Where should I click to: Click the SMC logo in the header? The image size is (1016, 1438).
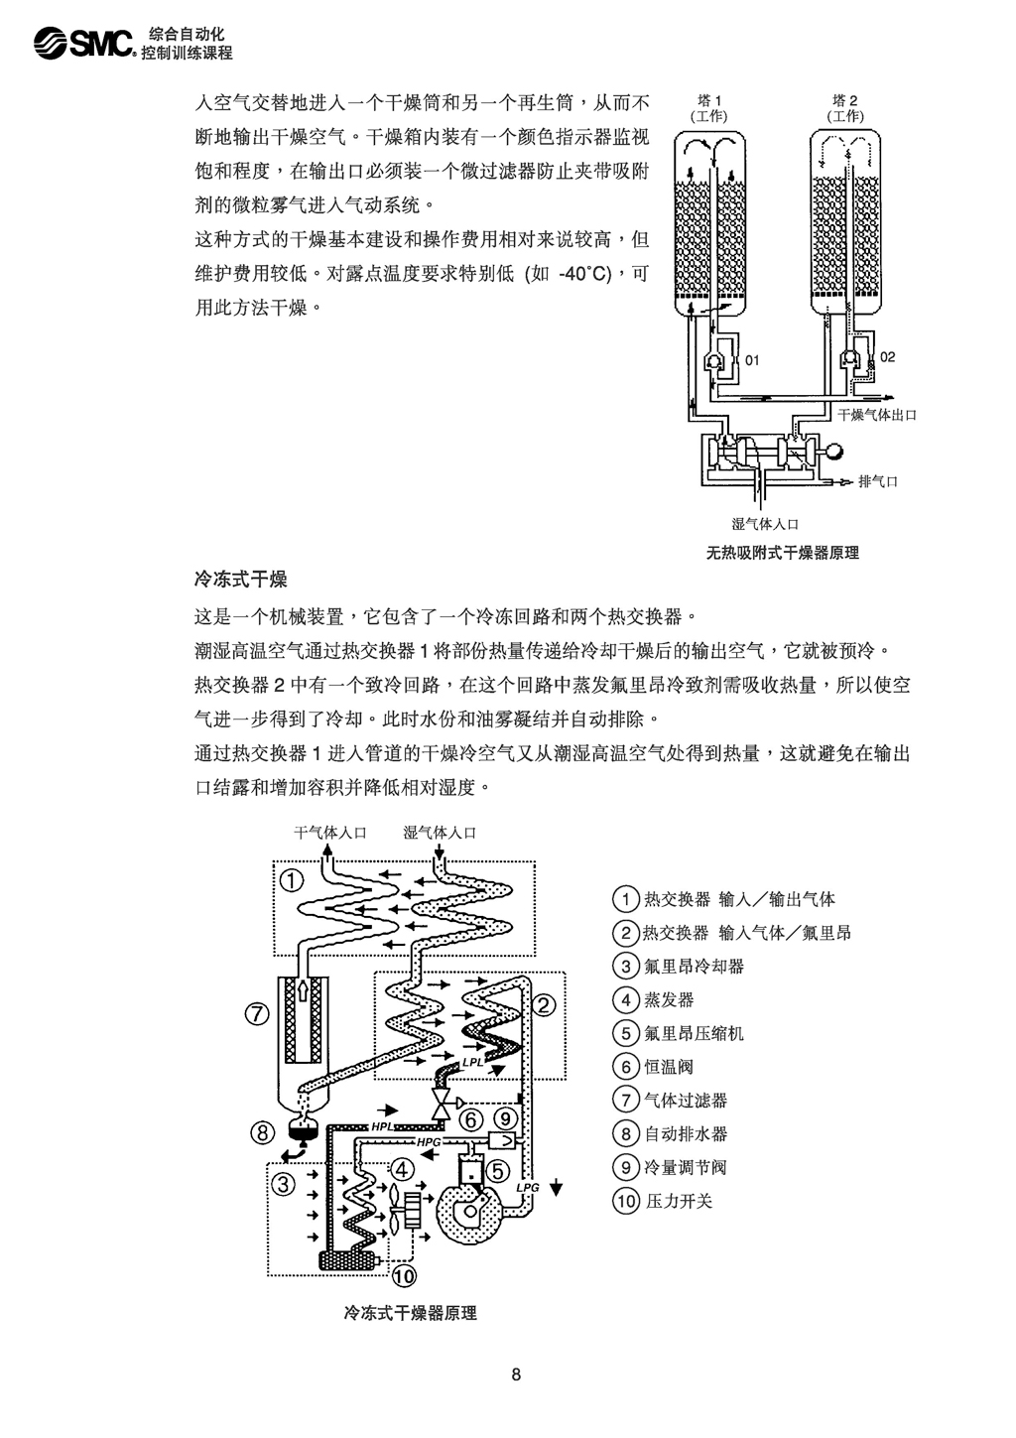pos(84,43)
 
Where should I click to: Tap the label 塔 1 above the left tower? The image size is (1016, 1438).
pos(708,100)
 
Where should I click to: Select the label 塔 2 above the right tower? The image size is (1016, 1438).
pos(845,100)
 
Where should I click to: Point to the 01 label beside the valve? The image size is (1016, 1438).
pos(752,360)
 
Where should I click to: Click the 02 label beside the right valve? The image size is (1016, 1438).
pos(888,356)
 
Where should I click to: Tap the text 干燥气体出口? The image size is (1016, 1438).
pos(877,415)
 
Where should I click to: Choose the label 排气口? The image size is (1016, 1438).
pos(878,482)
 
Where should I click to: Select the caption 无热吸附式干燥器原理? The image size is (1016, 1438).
pos(783,553)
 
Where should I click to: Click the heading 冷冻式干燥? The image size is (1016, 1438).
pos(241,579)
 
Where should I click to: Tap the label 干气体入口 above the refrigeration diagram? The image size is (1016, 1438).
pos(330,833)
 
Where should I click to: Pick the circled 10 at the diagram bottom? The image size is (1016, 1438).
pos(404,1275)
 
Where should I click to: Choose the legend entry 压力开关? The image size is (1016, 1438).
pos(679,1201)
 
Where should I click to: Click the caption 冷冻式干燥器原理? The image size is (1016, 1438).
pos(410,1313)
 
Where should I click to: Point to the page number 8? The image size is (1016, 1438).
pos(516,1374)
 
